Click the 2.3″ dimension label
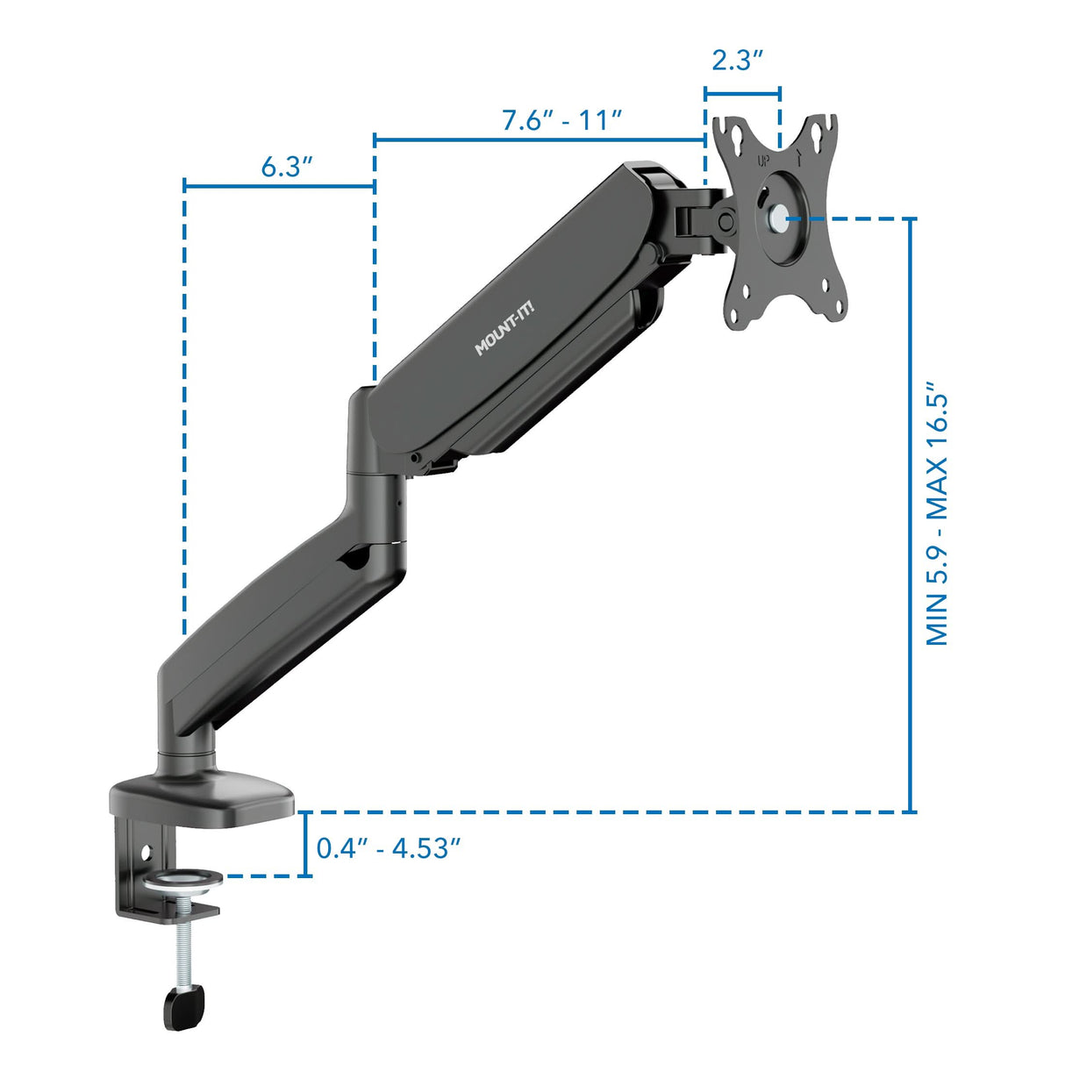pos(738,61)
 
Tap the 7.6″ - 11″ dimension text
pos(562,120)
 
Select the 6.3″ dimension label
pos(287,167)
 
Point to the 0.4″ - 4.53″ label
pos(389,848)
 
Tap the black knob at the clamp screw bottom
pos(183,1004)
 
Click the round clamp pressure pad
pos(182,879)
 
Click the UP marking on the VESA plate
pos(764,161)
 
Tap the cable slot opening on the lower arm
pos(356,556)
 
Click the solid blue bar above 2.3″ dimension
pos(742,92)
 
